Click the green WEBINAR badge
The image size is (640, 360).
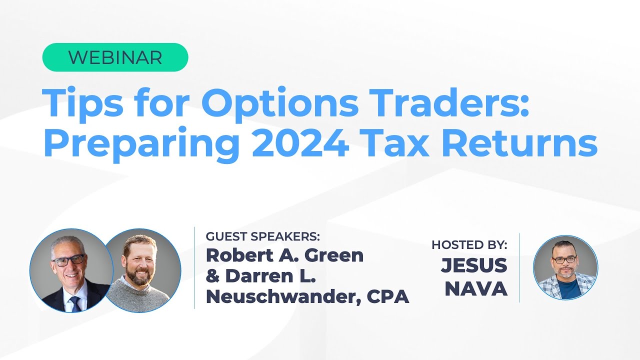click(115, 57)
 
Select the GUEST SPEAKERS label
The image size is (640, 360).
click(262, 236)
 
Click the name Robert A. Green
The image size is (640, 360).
click(284, 255)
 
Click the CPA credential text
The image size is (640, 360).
click(388, 296)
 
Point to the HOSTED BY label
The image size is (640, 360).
click(469, 245)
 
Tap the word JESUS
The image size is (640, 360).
click(474, 265)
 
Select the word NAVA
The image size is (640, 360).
click(476, 289)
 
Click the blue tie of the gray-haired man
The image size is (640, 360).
click(75, 303)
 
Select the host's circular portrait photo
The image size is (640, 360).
click(565, 267)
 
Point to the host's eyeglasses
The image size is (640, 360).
click(564, 259)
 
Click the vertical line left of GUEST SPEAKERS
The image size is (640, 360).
click(194, 267)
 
